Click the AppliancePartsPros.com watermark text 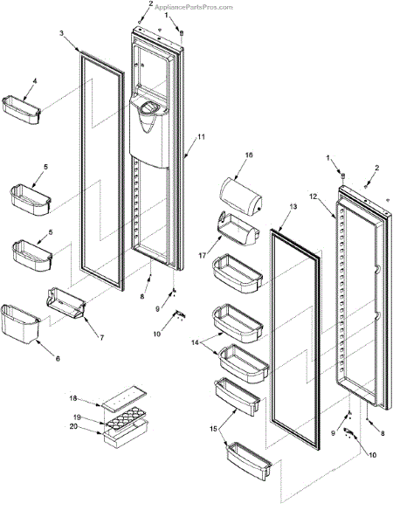point(193,7)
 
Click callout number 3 point(61,33)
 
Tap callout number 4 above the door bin point(35,81)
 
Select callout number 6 point(58,359)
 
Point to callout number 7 point(101,337)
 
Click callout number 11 point(201,137)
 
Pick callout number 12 point(313,196)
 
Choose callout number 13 point(293,207)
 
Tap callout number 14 point(195,342)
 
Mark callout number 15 point(213,429)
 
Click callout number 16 point(249,155)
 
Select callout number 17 point(203,256)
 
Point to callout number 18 point(72,398)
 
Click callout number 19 point(77,417)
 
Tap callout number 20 point(73,426)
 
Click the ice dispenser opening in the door point(148,108)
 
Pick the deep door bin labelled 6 point(21,324)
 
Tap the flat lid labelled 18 point(124,397)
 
